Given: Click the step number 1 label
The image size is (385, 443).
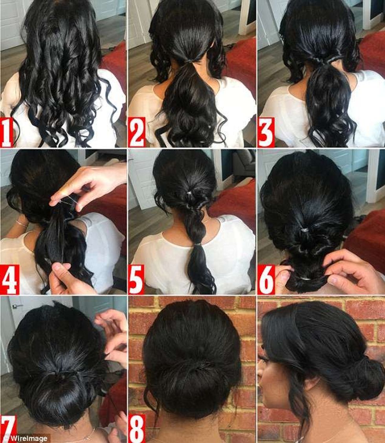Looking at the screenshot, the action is point(6,132).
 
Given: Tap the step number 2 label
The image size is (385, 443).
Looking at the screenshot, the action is point(137,132).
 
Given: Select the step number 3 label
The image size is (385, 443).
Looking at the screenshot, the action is point(266,132).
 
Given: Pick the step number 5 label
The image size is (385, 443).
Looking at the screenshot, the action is point(137,279).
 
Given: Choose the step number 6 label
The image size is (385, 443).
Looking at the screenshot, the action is point(266,279).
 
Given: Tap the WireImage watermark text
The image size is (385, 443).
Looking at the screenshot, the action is point(28,438).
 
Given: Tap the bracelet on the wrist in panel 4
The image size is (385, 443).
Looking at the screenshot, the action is point(22,224).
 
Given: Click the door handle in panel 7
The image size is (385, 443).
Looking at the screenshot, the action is point(18,306).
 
